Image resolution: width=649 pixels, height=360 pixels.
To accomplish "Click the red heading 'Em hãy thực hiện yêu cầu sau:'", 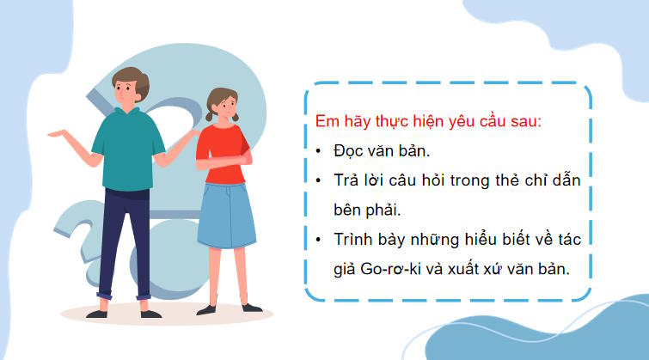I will [x=428, y=120].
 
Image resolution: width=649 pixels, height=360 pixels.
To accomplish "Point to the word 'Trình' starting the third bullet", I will [x=353, y=240].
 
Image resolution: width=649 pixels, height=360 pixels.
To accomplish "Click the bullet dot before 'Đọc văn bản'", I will [x=318, y=151].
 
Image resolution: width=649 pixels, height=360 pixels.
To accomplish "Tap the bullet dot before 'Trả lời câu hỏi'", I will [x=318, y=180].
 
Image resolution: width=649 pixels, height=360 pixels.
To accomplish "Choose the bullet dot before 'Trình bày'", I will [x=318, y=240].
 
